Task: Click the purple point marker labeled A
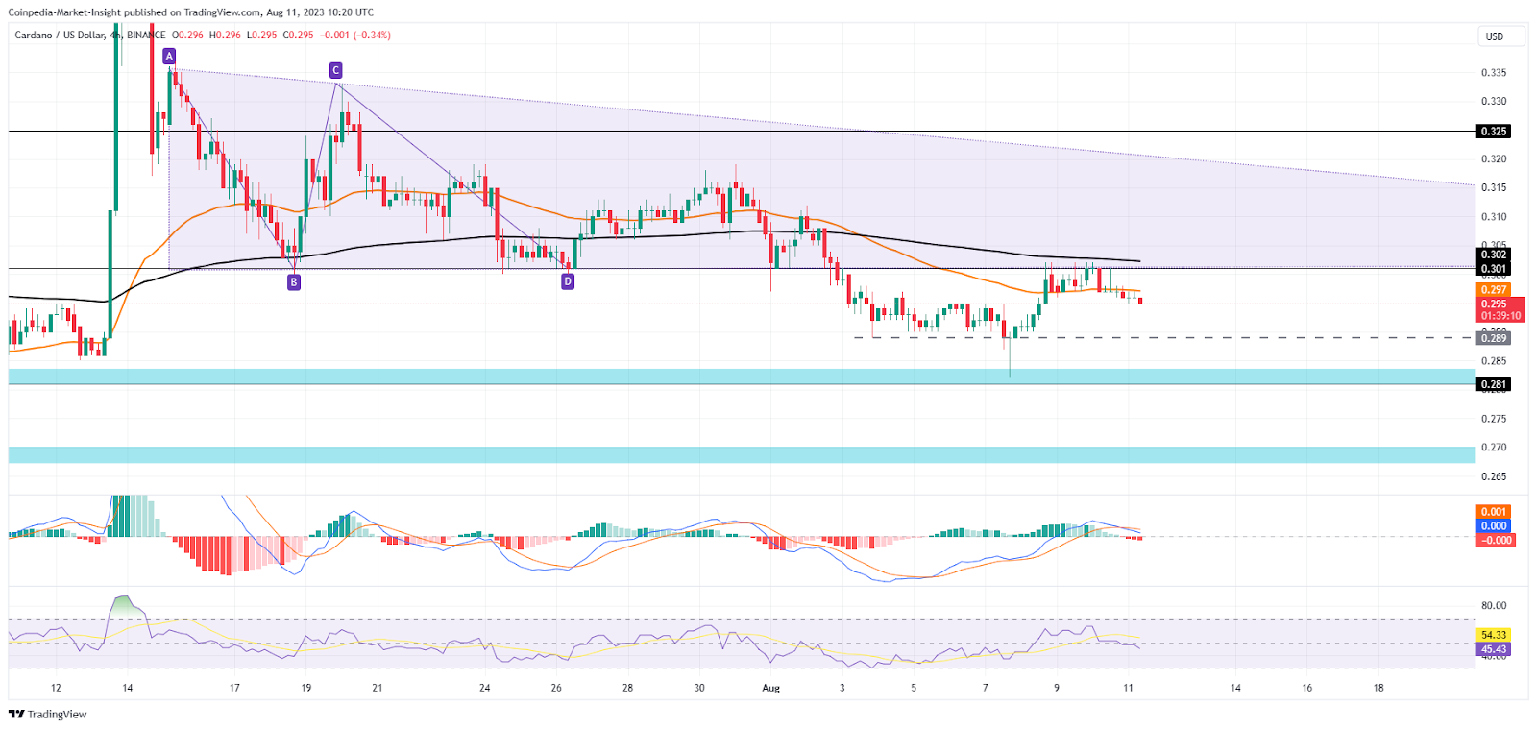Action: coord(169,57)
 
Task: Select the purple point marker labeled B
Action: coord(294,282)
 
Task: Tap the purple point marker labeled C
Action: coord(335,70)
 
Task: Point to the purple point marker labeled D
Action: coord(568,281)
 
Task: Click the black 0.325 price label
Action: coord(1493,132)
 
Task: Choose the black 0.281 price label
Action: coord(1493,384)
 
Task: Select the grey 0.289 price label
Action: coord(1493,338)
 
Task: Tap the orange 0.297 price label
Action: coord(1493,289)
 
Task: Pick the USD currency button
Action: coord(1495,36)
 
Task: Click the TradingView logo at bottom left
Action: coord(47,714)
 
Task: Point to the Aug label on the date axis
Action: coord(770,688)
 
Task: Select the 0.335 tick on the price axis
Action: coord(1493,73)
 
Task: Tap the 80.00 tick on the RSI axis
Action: coord(1494,606)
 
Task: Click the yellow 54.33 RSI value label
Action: coord(1493,635)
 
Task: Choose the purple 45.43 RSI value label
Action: coord(1493,649)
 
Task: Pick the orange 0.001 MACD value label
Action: coord(1493,512)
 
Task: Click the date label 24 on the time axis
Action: coord(485,688)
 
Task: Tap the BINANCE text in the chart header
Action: coord(146,36)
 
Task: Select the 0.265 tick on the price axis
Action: coord(1493,476)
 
